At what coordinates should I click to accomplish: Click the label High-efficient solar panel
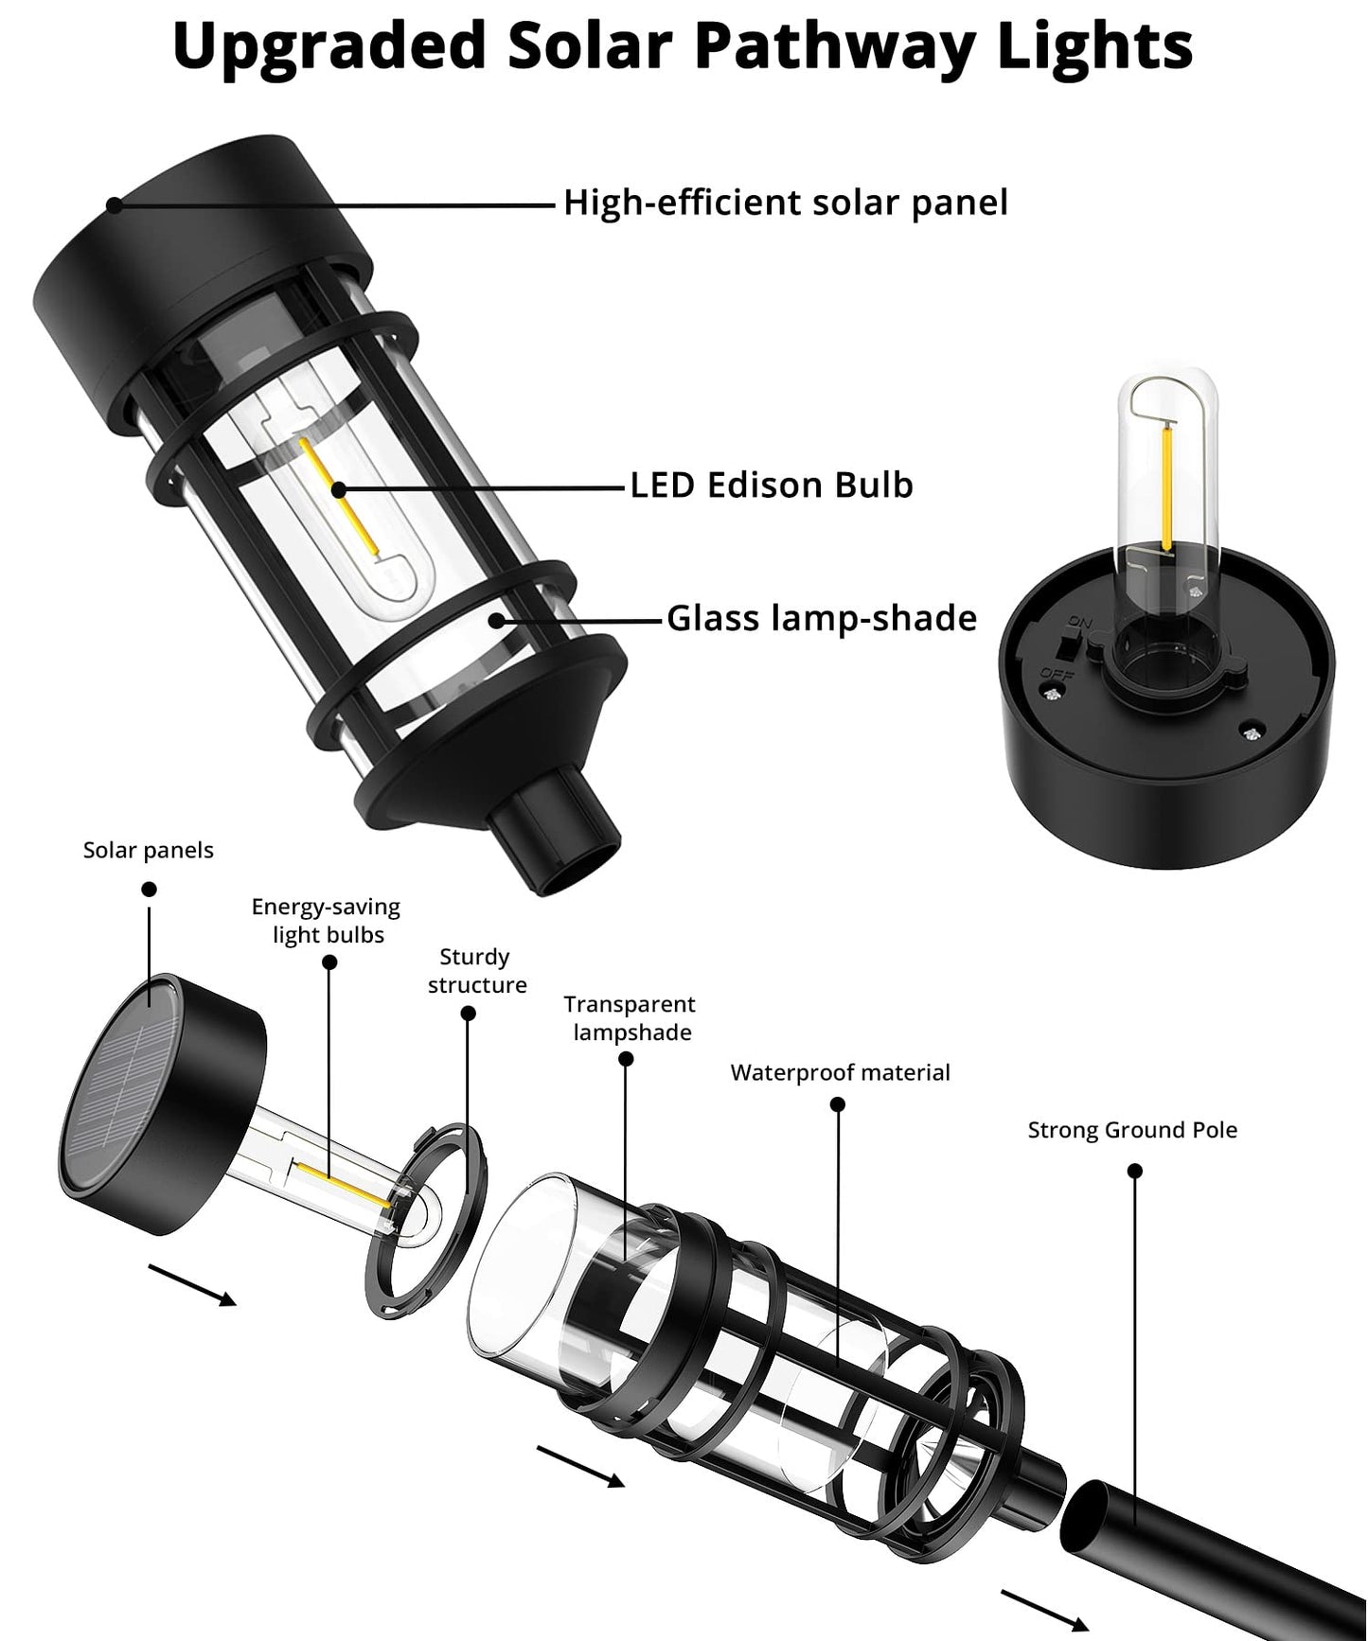(785, 203)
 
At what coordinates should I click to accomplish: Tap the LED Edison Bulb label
(772, 485)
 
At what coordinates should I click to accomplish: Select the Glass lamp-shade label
(822, 618)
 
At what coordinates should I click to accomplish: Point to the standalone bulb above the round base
(1165, 473)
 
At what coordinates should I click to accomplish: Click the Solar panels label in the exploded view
(149, 850)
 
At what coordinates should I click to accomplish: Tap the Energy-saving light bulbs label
(327, 921)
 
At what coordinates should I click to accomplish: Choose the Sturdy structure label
(476, 971)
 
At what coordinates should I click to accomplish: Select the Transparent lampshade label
(630, 1018)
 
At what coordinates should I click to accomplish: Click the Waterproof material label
(840, 1072)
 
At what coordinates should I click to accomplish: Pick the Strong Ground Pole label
(1132, 1130)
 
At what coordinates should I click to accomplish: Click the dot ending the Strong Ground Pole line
(1136, 1172)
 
